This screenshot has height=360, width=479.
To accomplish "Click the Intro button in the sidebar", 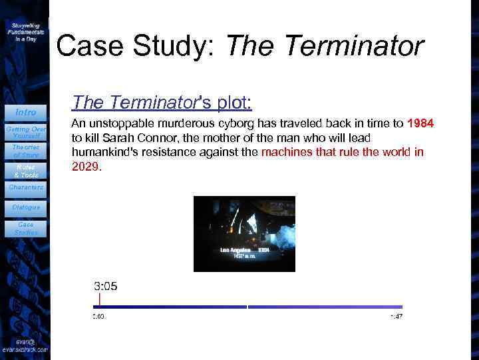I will pos(25,111).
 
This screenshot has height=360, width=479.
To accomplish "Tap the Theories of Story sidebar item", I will pos(25,151).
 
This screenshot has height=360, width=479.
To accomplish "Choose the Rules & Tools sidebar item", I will pos(25,171).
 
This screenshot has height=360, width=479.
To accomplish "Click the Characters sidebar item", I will pos(26,187).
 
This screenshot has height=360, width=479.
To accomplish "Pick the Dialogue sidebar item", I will pos(26,207).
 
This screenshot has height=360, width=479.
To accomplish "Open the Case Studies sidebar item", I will pos(26,229).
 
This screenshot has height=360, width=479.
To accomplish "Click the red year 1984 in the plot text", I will pos(420,123).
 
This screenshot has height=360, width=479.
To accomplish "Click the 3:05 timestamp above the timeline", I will pos(105,286).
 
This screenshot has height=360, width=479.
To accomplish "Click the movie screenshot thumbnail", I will pos(244,233).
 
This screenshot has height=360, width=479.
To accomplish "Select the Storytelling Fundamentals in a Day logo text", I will pos(27,31).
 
